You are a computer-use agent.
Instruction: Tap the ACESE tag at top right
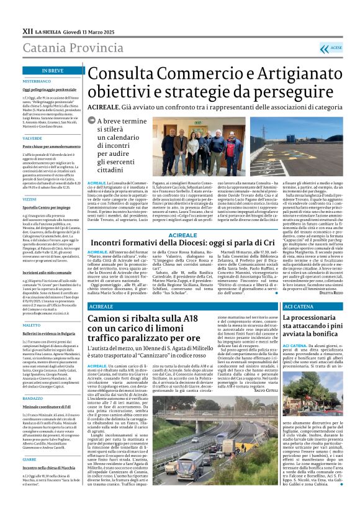pos(335,47)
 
